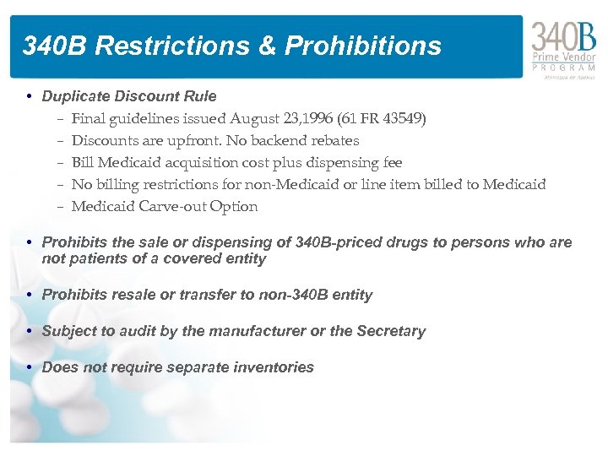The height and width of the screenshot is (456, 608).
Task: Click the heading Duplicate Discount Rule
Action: pos(129,96)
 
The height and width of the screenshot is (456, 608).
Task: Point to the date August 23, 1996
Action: pos(274,118)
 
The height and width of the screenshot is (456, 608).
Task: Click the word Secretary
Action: pos(390,331)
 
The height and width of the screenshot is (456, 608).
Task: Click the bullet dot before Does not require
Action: pos(30,367)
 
